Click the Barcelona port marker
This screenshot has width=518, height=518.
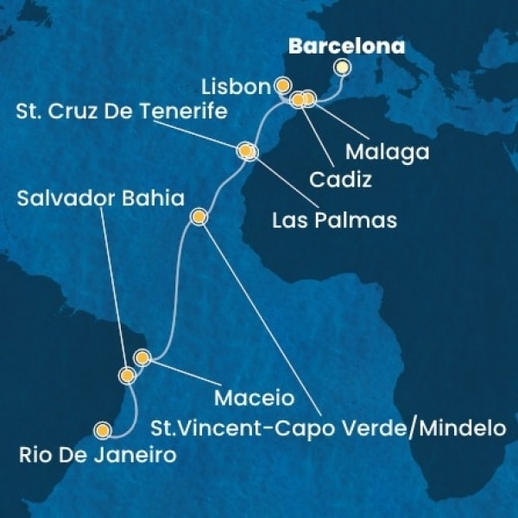pyautogui.click(x=343, y=66)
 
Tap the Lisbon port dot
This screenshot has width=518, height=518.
pyautogui.click(x=282, y=85)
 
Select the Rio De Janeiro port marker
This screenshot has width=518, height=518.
pyautogui.click(x=104, y=429)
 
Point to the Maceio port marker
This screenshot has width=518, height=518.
pyautogui.click(x=142, y=357)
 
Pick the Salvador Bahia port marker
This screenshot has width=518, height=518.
pyautogui.click(x=128, y=376)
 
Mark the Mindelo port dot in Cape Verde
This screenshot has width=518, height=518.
pyautogui.click(x=199, y=217)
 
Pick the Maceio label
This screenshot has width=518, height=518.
pyautogui.click(x=255, y=401)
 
